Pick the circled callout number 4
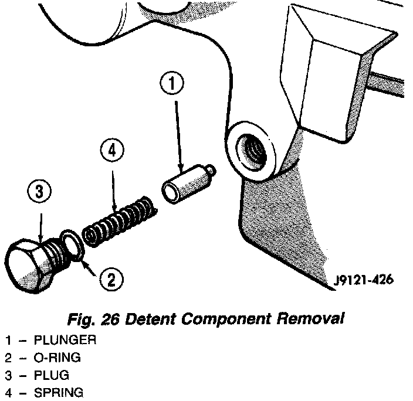112,151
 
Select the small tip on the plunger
211,172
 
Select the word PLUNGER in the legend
65,340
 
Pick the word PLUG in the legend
52,374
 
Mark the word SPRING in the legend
58,391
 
